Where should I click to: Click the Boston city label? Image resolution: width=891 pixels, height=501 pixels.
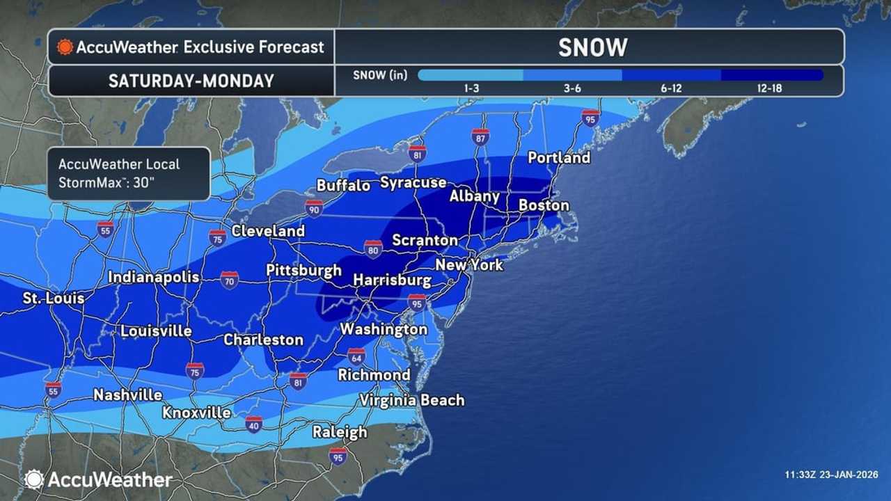(x=544, y=205)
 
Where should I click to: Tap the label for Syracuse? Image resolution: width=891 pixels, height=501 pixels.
(x=413, y=183)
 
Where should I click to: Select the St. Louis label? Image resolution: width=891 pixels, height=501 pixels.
(x=54, y=299)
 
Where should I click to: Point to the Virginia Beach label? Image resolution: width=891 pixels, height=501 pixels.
(x=411, y=400)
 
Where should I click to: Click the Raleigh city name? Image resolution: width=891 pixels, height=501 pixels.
(x=339, y=432)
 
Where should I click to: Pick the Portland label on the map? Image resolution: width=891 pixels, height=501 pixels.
(x=558, y=158)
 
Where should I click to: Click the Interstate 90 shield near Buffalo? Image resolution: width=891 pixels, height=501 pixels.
(x=313, y=207)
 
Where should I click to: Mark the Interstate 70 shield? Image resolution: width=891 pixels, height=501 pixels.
(x=230, y=280)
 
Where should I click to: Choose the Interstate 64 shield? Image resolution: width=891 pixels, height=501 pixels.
(x=356, y=356)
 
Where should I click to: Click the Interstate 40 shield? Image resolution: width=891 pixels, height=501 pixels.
(x=253, y=424)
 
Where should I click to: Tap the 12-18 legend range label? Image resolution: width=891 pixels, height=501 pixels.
(x=772, y=89)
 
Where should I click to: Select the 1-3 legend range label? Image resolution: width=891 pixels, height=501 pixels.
(x=470, y=89)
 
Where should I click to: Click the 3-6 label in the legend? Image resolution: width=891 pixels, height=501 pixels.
(x=571, y=89)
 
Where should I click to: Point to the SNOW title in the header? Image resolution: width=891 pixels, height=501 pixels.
(x=592, y=47)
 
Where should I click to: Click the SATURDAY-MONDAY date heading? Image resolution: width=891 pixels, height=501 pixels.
(x=191, y=81)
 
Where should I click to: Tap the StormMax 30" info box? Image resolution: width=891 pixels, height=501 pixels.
(x=129, y=174)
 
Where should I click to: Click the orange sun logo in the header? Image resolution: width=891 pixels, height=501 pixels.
(x=65, y=47)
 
